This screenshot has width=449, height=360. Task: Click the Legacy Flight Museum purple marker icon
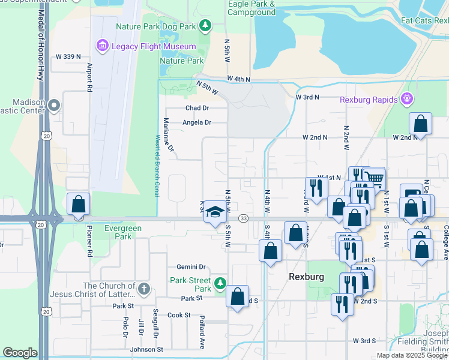coord(101,46)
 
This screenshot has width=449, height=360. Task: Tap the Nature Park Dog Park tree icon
coord(206,25)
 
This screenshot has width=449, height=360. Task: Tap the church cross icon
coord(143,290)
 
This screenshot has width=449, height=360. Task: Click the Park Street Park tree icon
coord(220,282)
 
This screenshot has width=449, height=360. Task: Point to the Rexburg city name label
coord(306,277)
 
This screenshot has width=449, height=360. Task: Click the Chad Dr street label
coord(197,108)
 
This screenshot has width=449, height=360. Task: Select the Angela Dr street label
coord(197,122)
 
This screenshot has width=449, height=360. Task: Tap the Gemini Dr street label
coord(191,267)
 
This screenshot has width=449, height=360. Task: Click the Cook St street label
coord(179,315)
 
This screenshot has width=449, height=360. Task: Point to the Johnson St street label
coord(146,349)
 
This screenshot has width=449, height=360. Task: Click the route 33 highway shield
coord(244,218)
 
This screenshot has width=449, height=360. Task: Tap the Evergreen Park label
coord(122,232)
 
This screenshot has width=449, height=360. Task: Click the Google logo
coord(20,353)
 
